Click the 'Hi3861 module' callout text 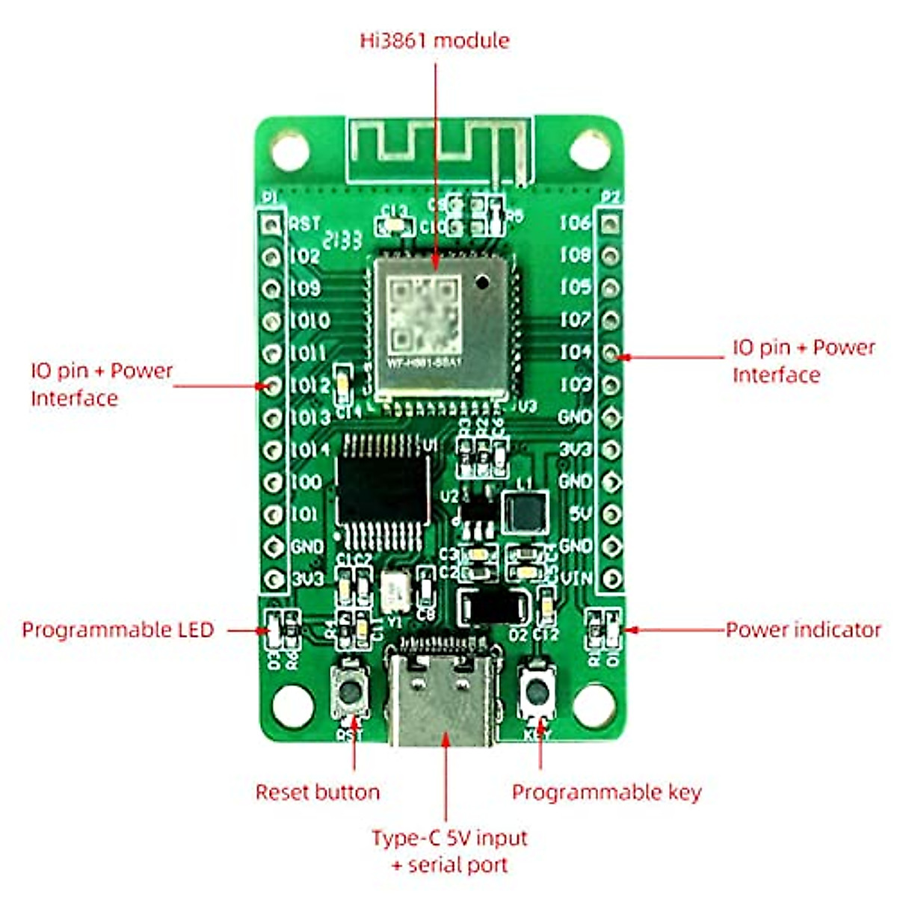pos(434,40)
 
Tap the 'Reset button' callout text pos(318,792)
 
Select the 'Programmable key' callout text pos(606,792)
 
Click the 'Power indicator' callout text pos(803,629)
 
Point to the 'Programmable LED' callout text pos(118,629)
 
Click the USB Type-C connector pos(443,691)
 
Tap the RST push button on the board pos(349,691)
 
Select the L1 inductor pos(526,513)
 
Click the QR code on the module pos(425,314)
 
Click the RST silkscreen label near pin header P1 pos(305,223)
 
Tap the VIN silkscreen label pos(576,578)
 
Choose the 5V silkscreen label pos(580,514)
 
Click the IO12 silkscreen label pos(309,385)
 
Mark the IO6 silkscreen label pos(576,222)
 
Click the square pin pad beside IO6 pos(611,222)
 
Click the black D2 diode pos(493,606)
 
